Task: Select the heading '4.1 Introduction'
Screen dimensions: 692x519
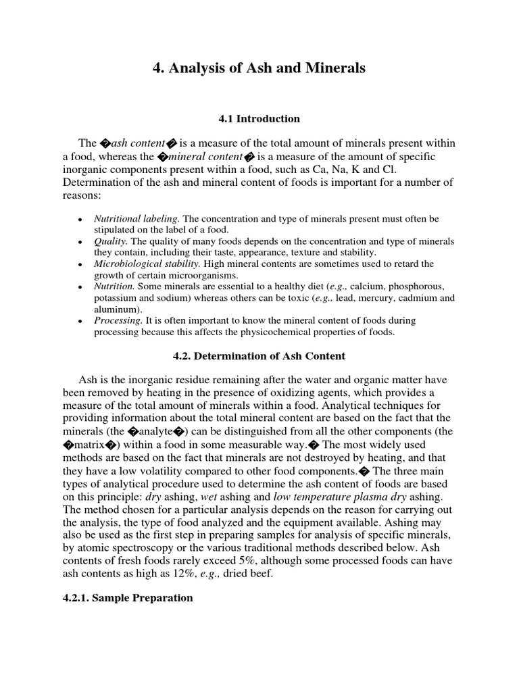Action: (x=259, y=119)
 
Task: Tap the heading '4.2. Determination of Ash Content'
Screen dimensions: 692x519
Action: (x=259, y=355)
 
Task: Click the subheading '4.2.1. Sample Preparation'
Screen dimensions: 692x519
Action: (x=128, y=598)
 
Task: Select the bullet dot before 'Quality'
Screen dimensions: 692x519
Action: (x=80, y=243)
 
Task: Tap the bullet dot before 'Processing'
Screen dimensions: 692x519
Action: (x=80, y=322)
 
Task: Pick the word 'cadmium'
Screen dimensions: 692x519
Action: (x=419, y=298)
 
